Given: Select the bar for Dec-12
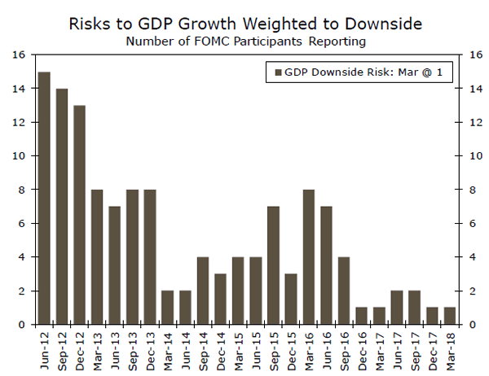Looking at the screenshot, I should (79, 215).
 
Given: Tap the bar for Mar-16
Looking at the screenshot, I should (308, 257).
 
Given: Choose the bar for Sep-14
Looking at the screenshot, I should (202, 291).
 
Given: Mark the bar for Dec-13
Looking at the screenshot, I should (150, 257).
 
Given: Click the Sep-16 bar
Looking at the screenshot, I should (343, 291).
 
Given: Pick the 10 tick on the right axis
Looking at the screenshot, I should (468, 155).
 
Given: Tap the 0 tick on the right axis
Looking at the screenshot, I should (465, 325).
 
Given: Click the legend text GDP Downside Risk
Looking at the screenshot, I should (331, 73).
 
